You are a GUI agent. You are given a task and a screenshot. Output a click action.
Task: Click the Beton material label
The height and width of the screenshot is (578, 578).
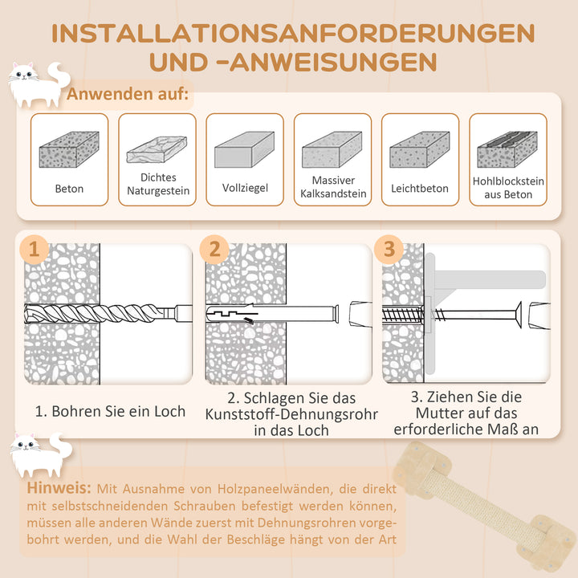tap(69, 189)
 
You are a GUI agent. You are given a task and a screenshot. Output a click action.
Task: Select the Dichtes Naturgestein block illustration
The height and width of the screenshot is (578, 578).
tap(157, 150)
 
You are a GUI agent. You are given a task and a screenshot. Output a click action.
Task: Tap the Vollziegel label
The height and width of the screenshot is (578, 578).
tap(245, 189)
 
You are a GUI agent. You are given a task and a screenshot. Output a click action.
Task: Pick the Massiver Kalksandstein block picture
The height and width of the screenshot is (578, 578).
tap(333, 149)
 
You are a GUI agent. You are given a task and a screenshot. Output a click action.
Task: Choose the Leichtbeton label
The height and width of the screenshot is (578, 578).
tap(419, 189)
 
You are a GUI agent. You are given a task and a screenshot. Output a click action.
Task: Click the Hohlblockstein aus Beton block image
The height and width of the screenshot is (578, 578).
tap(507, 149)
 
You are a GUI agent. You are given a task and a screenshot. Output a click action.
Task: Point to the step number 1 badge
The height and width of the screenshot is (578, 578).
tap(33, 249)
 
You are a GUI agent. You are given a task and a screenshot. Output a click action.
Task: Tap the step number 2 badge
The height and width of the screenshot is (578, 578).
tap(214, 249)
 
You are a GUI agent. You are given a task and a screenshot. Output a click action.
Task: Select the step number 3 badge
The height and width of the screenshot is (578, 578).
tap(389, 249)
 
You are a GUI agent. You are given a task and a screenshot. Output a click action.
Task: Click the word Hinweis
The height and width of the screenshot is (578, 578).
tap(57, 488)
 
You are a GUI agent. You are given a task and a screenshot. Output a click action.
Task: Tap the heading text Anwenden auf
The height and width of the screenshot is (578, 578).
tap(128, 96)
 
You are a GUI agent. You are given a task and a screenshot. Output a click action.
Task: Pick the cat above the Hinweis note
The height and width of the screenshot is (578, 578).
tap(36, 454)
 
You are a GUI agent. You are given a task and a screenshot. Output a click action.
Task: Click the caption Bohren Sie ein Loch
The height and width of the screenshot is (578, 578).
tap(110, 411)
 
